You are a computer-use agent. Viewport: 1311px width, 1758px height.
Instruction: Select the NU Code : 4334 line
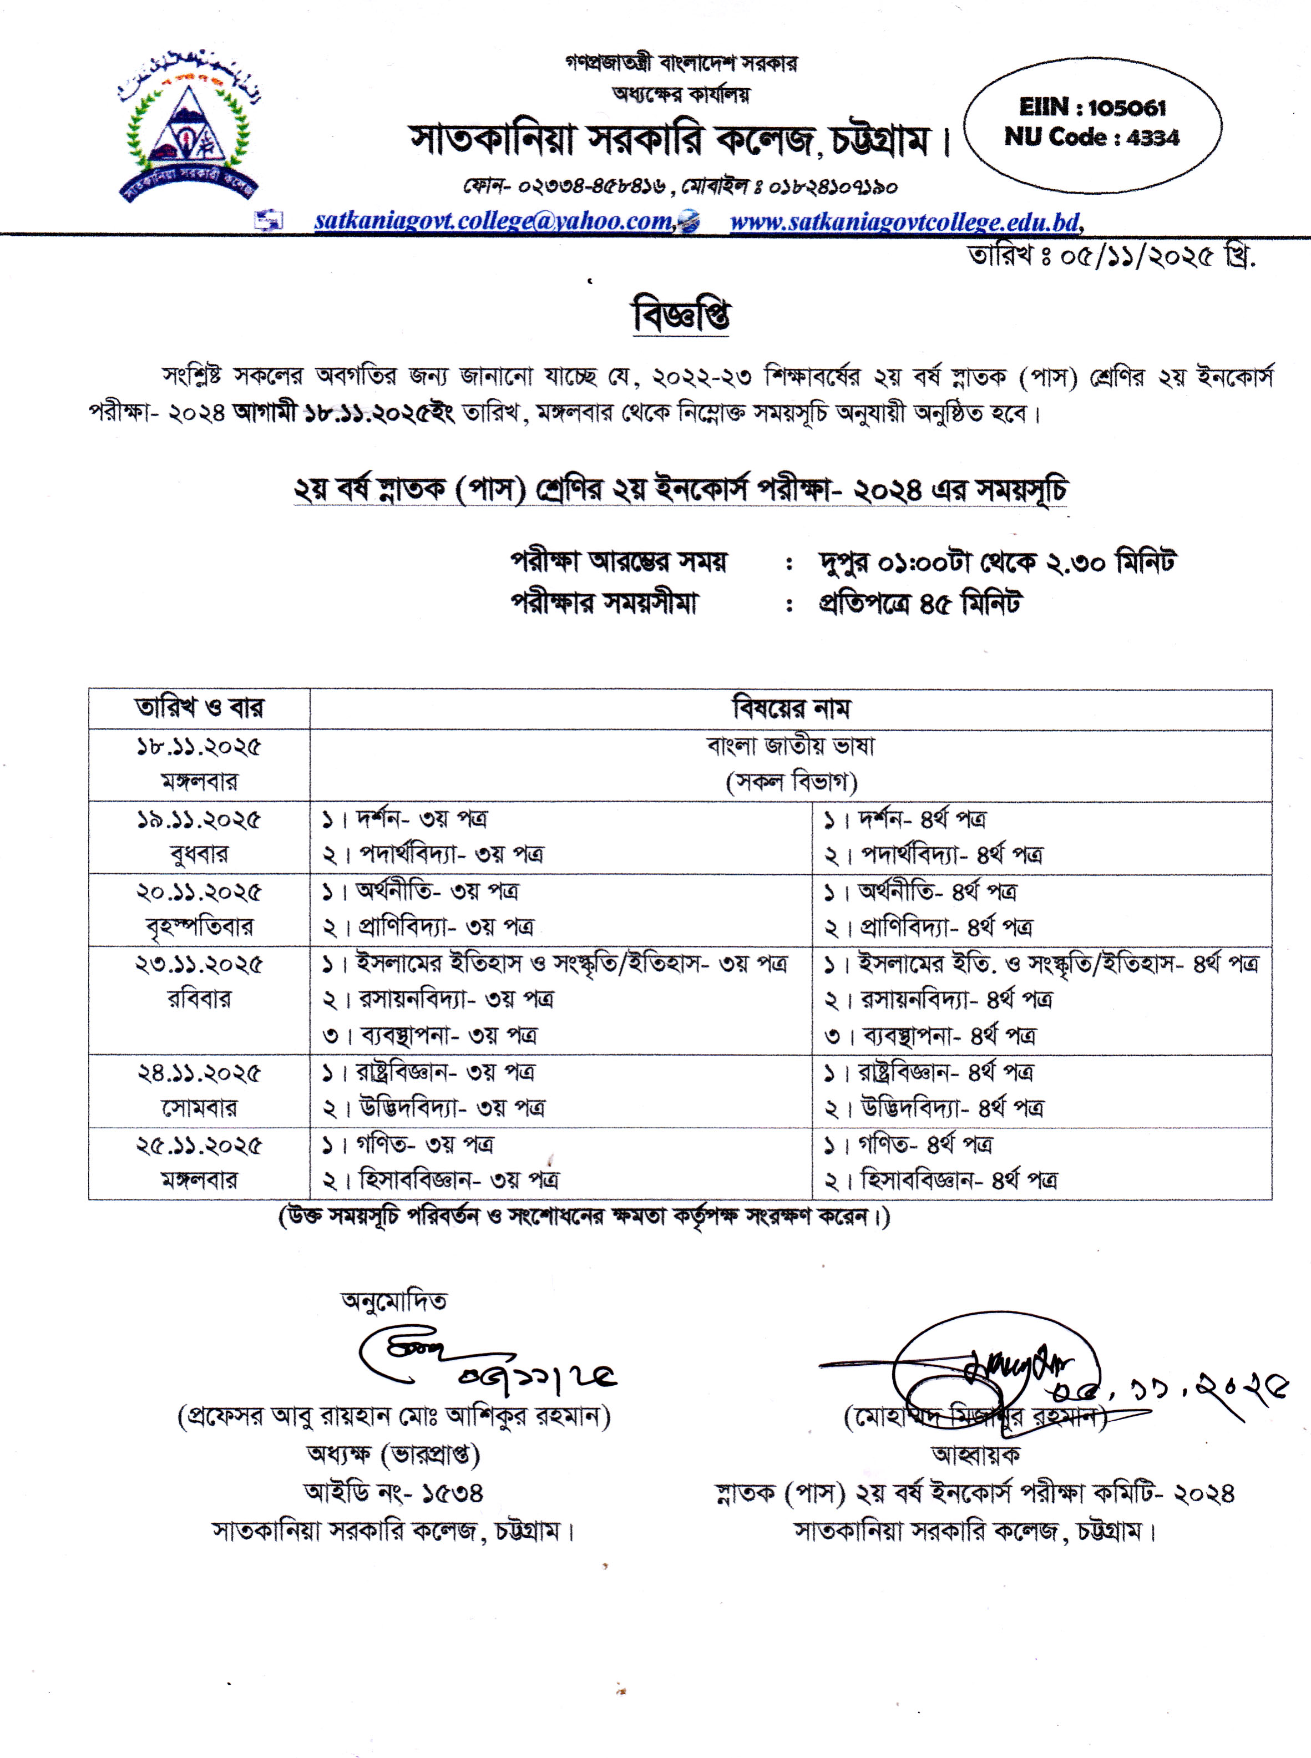pyautogui.click(x=1092, y=137)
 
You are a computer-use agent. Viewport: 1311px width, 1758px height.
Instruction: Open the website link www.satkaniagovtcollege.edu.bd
pyautogui.click(x=905, y=221)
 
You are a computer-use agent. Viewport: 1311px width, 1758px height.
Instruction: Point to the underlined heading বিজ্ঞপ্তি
pyautogui.click(x=681, y=316)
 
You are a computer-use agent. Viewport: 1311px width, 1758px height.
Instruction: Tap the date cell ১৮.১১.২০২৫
pyautogui.click(x=199, y=747)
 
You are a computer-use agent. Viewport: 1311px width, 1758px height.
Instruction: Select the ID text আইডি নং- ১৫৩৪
pyautogui.click(x=393, y=1492)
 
